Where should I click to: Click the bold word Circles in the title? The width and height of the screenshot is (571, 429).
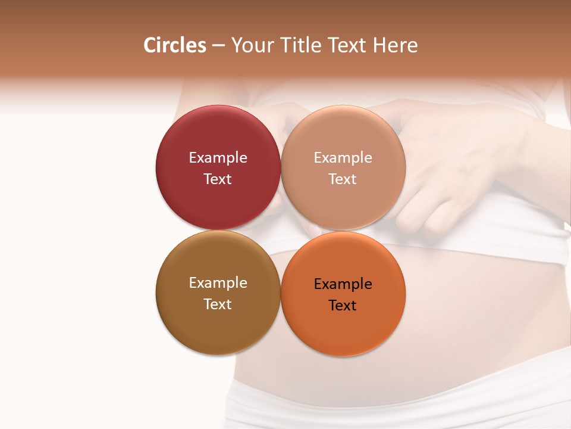(x=175, y=45)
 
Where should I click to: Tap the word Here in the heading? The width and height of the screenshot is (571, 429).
(x=395, y=45)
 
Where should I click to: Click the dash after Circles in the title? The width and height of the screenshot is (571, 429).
(x=218, y=46)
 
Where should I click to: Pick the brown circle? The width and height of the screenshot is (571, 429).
(x=218, y=328)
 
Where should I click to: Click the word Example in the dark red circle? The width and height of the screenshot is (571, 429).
(x=218, y=158)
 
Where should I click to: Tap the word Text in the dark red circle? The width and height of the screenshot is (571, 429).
(x=218, y=179)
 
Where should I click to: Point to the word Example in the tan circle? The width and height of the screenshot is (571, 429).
(x=343, y=158)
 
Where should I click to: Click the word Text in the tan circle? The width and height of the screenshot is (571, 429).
(x=343, y=179)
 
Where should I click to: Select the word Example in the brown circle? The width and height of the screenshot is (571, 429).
(x=218, y=283)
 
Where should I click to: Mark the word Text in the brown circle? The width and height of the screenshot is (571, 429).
(x=218, y=304)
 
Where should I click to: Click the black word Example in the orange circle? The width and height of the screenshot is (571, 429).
(x=343, y=284)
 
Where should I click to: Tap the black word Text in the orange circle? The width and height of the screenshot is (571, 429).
(x=343, y=306)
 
